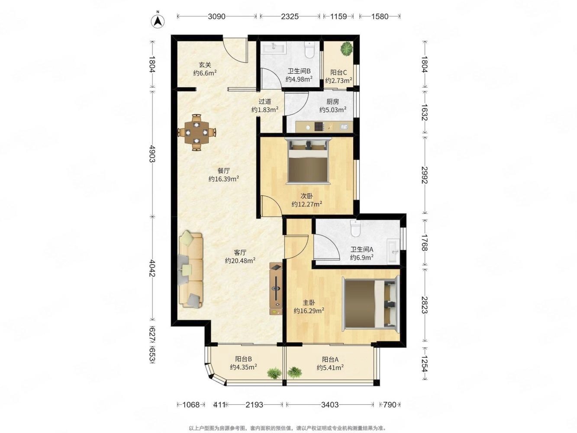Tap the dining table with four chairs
(x=196, y=132)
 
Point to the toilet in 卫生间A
(x=355, y=228)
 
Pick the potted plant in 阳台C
(x=346, y=48)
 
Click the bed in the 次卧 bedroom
(x=308, y=160)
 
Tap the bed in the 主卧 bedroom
(x=371, y=304)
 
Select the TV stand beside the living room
(x=275, y=288)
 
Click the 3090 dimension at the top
(x=216, y=16)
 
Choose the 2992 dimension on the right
(x=424, y=175)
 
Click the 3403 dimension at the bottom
(x=329, y=404)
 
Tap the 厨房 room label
(x=332, y=101)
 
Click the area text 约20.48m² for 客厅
(x=240, y=261)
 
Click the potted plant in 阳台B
(x=274, y=373)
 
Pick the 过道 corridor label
(x=264, y=101)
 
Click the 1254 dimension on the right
(x=424, y=363)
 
